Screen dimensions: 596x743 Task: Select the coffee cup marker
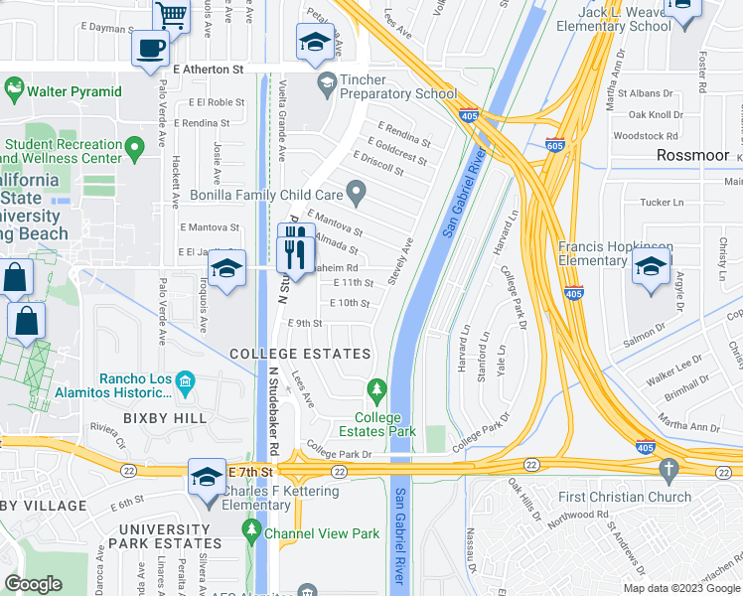coord(150,48)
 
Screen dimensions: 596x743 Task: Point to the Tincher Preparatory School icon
coord(325,80)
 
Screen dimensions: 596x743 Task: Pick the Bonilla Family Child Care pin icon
coord(355,189)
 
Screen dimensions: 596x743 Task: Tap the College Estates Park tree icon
coord(375,388)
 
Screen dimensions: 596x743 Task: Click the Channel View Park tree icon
coord(252,533)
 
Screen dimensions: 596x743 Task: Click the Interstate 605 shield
coord(555,145)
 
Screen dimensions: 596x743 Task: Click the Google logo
coord(33,584)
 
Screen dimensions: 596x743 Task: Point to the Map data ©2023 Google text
coord(680,588)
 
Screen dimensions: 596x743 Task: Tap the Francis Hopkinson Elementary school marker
coord(652,266)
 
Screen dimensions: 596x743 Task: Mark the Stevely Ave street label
coord(407,257)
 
